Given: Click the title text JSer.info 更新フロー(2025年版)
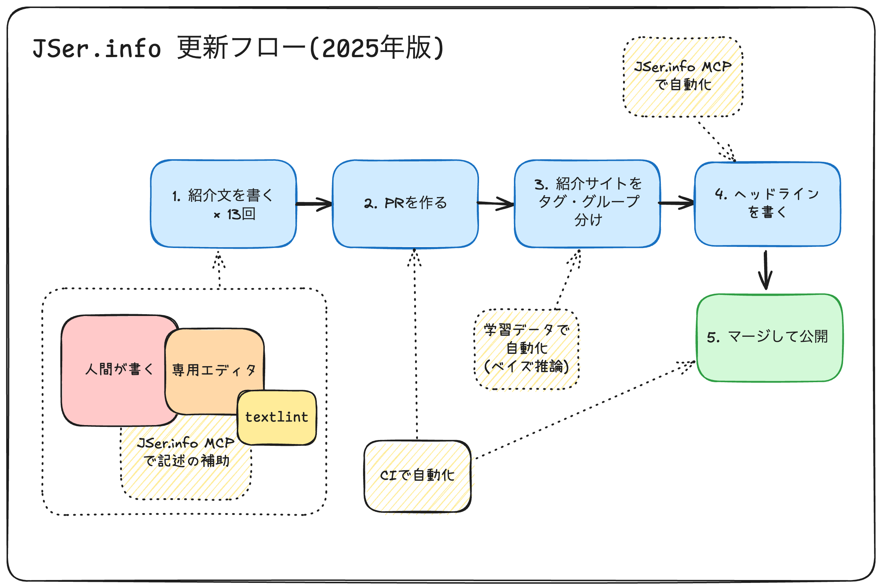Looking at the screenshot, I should pyautogui.click(x=239, y=48).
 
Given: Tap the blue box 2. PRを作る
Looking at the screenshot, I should pyautogui.click(x=406, y=204).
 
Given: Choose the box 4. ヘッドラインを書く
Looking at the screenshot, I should pyautogui.click(x=767, y=204).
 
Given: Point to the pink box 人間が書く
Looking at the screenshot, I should pyautogui.click(x=112, y=369).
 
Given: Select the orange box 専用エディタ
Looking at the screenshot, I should pyautogui.click(x=214, y=360).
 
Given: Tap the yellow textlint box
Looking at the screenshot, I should pyautogui.click(x=277, y=417).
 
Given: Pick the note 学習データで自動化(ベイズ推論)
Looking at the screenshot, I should pyautogui.click(x=527, y=349).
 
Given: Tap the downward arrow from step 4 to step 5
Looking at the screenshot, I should pyautogui.click(x=765, y=270).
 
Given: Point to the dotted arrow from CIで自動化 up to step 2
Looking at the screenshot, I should pyautogui.click(x=415, y=345).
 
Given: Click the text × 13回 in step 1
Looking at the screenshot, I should pyautogui.click(x=234, y=215).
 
